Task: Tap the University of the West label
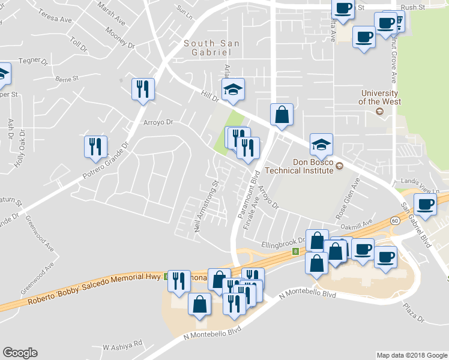point(378,98)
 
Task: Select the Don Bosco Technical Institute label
point(312,166)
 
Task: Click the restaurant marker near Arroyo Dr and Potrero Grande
point(143,89)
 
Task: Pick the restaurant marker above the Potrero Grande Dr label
point(95,146)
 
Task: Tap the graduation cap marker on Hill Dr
point(233,89)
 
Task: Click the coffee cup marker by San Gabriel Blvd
point(426,205)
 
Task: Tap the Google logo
point(20,353)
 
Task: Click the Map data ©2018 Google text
point(411,355)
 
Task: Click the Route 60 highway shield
point(396,221)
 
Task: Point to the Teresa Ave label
point(56,18)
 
